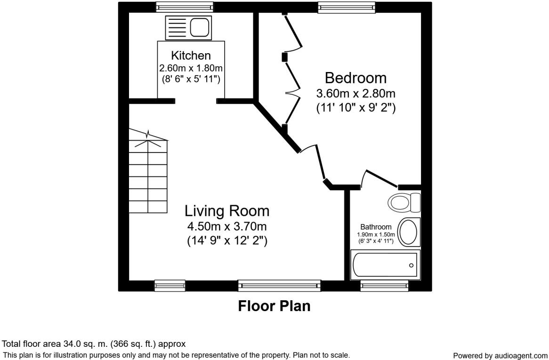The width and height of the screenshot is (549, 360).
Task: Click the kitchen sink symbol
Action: [x=188, y=28]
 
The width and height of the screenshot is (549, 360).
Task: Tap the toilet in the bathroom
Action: [x=404, y=202]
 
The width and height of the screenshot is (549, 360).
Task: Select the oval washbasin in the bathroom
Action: [x=409, y=232]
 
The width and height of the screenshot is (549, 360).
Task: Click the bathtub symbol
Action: [x=385, y=264]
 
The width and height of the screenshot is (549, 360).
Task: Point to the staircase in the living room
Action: [x=148, y=171]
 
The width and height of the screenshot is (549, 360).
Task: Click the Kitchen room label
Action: [x=191, y=55]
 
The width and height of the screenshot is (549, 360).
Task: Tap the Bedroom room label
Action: [x=355, y=78]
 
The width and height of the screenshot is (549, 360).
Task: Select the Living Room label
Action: [x=227, y=211]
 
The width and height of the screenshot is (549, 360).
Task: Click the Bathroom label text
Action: [x=376, y=227]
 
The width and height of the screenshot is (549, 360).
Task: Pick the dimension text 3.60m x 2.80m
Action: [x=356, y=93]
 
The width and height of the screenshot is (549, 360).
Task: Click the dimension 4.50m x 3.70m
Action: [x=227, y=226]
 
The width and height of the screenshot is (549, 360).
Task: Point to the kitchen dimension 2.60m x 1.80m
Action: [x=191, y=67]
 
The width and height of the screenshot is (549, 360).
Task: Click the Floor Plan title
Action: [x=274, y=306]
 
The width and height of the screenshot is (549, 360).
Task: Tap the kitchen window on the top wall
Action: [x=185, y=7]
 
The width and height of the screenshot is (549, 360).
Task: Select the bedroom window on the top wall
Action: [x=347, y=7]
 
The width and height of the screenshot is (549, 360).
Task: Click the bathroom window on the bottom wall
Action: [x=384, y=286]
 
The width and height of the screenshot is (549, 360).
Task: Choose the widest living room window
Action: [x=279, y=286]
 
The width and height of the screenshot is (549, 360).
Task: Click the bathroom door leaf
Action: [x=382, y=178]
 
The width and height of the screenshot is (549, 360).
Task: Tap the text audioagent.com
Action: [x=520, y=356]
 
